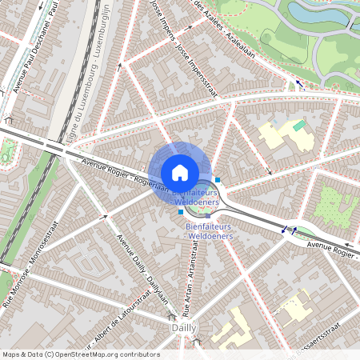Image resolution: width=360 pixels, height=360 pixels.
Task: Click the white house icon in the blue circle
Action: tap(180, 172)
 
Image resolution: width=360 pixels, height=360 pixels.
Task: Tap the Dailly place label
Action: tap(184, 328)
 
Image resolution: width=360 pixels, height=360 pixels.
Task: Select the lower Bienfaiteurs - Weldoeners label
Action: tap(209, 232)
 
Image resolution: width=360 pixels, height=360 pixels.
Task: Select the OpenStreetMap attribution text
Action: tap(80, 354)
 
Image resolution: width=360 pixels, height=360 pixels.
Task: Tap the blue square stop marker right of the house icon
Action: tap(218, 180)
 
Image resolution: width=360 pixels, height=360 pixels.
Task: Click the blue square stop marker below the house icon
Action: tap(181, 212)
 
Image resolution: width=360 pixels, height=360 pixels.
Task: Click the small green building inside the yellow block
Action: tap(299, 126)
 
